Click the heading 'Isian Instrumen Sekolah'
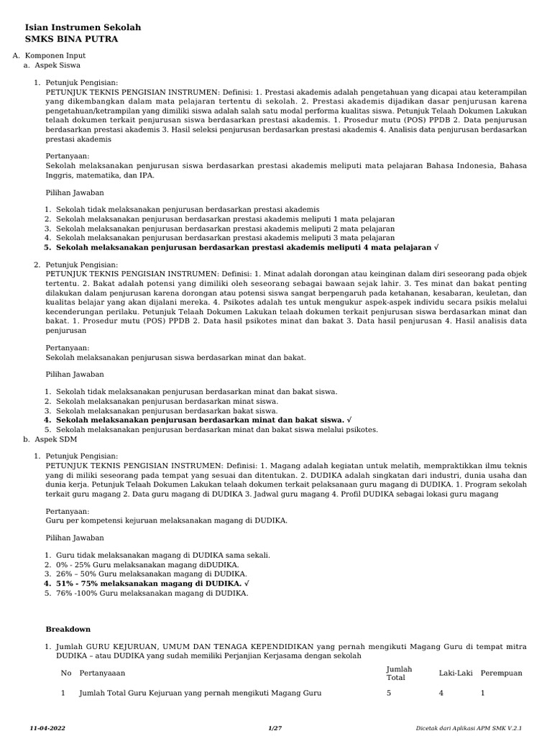tap(83, 27)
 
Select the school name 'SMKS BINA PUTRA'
tap(71, 40)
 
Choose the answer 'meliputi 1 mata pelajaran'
tap(225, 218)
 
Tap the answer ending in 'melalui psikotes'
tap(216, 429)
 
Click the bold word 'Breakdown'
tap(68, 629)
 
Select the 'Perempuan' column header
tap(501, 673)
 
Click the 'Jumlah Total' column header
tap(399, 673)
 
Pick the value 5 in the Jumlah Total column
tap(389, 693)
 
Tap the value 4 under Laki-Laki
tap(441, 693)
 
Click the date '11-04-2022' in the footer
tap(47, 728)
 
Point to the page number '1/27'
tap(275, 728)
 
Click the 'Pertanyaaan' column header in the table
tap(103, 673)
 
